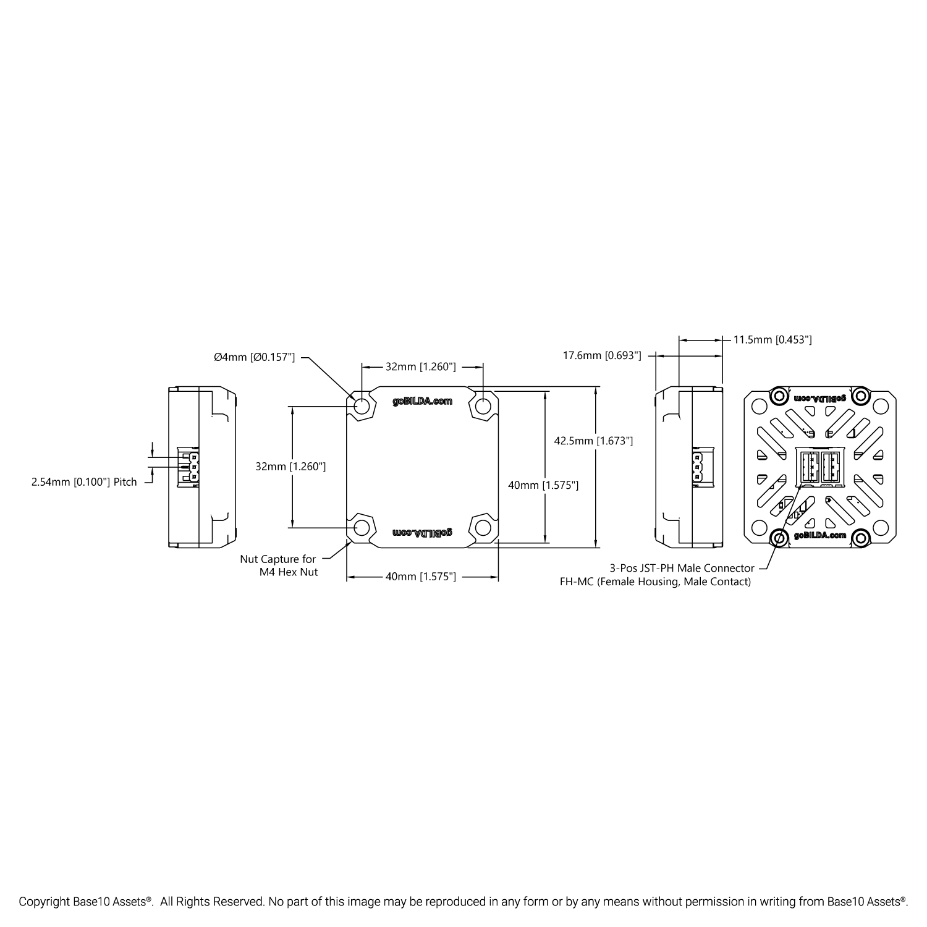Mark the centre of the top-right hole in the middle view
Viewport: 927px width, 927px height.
483,405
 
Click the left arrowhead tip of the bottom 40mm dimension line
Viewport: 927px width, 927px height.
347,577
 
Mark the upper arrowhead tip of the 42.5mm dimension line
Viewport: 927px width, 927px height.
596,387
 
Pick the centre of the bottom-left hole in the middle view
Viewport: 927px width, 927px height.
362,527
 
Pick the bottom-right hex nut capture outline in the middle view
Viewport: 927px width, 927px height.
483,527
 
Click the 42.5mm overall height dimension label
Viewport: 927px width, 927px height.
593,441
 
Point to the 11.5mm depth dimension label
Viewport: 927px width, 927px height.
772,339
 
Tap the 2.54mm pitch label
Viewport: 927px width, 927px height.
84,482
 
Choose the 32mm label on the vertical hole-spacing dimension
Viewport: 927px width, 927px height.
290,467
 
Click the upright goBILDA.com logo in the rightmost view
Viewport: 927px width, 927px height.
820,535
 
